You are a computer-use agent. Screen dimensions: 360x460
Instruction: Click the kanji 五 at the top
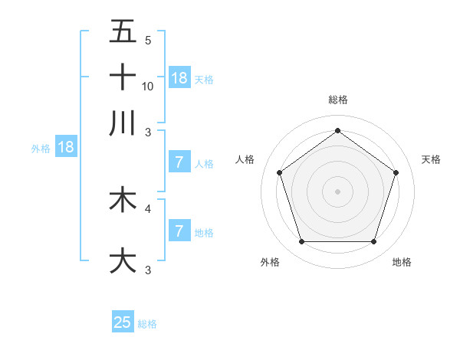coord(123,32)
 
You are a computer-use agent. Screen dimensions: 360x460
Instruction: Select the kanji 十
coord(123,77)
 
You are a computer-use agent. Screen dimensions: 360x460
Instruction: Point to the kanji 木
coord(123,200)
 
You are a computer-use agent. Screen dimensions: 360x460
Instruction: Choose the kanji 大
coord(123,260)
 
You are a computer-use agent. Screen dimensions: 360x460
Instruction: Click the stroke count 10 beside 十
coord(148,86)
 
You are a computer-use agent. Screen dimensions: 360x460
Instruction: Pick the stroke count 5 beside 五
coord(148,41)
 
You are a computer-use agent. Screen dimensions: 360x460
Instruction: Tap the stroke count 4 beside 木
coord(148,208)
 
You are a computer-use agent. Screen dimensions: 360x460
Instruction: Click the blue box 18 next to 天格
coord(179,77)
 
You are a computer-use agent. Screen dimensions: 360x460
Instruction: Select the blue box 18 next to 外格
coord(65,147)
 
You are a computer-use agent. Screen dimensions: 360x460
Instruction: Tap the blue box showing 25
coord(123,322)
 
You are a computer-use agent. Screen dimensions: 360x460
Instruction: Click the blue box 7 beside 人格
coord(179,162)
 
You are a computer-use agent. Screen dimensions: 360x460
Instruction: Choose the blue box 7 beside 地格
coord(179,231)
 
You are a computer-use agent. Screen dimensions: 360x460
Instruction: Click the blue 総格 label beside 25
coord(147,324)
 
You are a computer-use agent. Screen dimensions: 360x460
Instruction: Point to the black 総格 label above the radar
coord(337,100)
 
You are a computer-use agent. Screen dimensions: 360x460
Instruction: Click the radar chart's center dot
coord(337,191)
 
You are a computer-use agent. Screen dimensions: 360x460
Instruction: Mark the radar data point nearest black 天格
coord(396,172)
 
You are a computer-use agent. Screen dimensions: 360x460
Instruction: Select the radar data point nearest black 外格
coord(301,242)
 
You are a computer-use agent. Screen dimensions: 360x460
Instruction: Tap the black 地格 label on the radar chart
coord(402,263)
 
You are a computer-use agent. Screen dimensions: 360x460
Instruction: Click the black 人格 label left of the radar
coord(245,159)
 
